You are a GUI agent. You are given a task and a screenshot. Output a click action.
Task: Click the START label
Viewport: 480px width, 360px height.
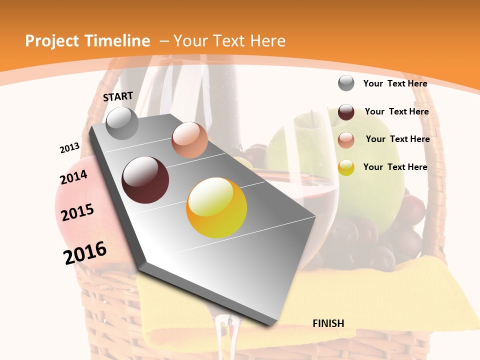tap(118, 96)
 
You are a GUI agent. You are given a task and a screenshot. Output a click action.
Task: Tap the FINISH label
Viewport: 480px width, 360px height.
tap(328, 323)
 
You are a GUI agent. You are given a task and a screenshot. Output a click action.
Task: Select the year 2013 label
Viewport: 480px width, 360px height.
tap(70, 148)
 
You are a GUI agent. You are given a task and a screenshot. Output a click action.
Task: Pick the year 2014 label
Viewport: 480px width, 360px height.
tap(73, 177)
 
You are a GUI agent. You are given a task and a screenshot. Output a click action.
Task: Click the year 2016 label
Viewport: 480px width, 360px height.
tap(85, 252)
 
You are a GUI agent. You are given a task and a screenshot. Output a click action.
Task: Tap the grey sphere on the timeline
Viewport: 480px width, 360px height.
tap(122, 123)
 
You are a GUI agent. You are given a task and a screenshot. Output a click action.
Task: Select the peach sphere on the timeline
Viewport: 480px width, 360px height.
tap(189, 140)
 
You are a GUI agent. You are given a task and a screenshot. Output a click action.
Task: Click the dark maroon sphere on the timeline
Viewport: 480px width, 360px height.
tap(145, 180)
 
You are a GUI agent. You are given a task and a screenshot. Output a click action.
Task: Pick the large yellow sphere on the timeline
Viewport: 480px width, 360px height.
tap(216, 207)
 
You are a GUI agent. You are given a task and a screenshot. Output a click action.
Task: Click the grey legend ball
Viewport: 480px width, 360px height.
tap(346, 83)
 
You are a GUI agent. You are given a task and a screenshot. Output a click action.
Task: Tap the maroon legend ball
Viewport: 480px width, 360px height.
tap(346, 112)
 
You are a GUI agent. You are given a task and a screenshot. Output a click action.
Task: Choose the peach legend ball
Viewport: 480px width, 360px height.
tap(346, 140)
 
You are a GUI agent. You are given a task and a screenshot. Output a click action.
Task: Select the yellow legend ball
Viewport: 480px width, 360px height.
tap(346, 167)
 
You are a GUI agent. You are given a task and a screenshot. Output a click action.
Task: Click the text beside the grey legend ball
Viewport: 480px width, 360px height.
tap(395, 83)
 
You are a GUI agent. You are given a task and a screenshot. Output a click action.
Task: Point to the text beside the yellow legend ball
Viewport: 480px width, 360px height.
tap(395, 167)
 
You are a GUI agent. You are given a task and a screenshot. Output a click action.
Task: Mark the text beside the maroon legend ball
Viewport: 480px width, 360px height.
tap(396, 111)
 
